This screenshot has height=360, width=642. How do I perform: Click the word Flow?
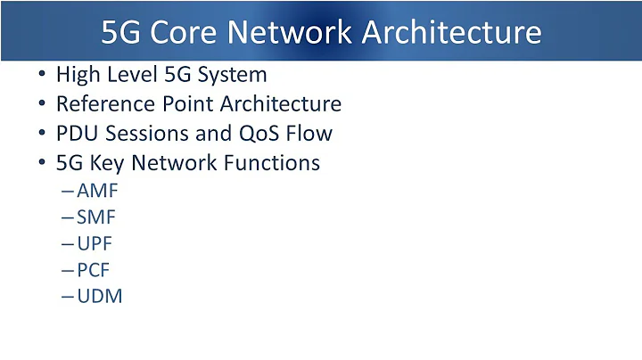click(312, 134)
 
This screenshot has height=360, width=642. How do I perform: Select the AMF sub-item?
click(98, 191)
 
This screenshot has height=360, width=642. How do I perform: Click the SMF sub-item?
click(97, 217)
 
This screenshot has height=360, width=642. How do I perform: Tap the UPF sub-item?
click(95, 243)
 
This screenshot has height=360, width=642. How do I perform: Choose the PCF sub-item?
click(95, 270)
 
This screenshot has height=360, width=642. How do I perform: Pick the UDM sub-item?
click(100, 296)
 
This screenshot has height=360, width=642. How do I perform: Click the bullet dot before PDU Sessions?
click(42, 134)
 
